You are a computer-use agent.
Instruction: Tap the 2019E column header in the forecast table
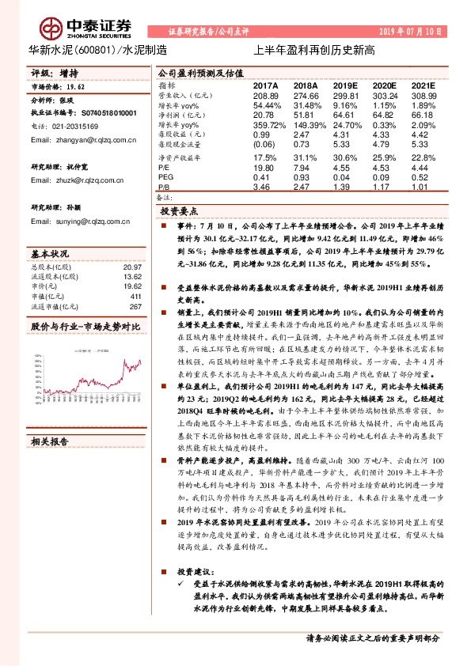point(345,84)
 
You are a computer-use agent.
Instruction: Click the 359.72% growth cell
point(268,125)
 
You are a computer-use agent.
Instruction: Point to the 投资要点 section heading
point(180,213)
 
